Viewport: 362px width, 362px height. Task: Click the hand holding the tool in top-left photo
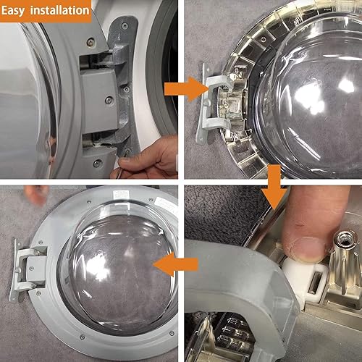click(148, 156)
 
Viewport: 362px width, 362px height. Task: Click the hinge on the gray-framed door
click(43, 268)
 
